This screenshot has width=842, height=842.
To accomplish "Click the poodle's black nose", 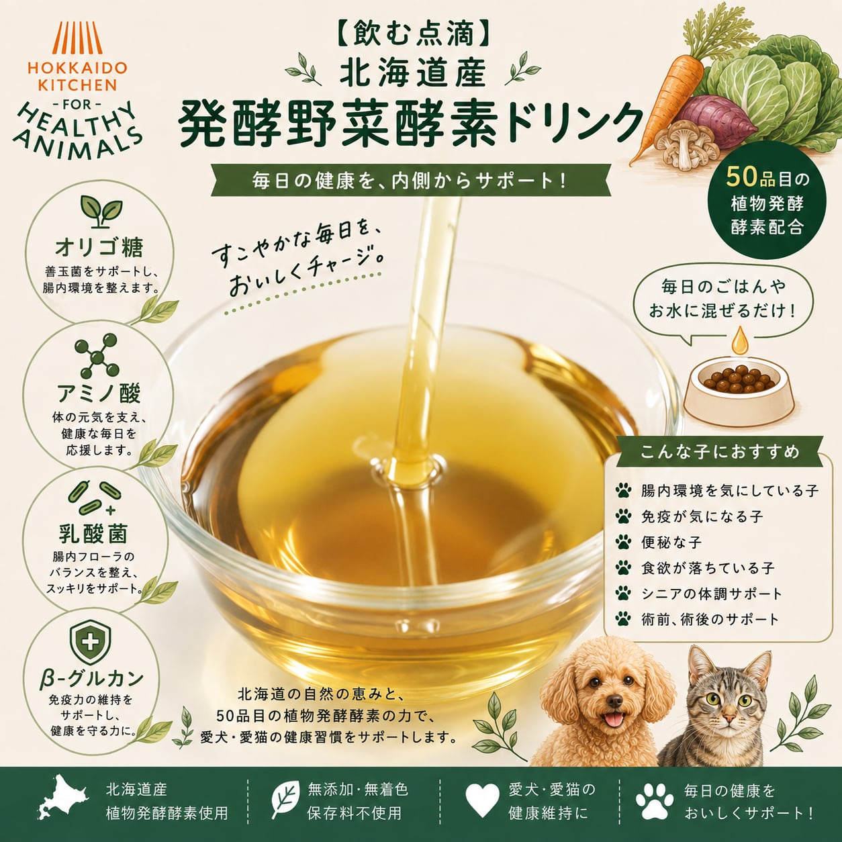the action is point(614,701).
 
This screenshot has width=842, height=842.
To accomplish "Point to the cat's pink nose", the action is point(728,716).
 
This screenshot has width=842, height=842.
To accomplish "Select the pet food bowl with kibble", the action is point(739,389).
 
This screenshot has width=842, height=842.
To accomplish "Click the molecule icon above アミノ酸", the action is point(97,357).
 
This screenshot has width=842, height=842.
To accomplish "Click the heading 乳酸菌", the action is point(93,534).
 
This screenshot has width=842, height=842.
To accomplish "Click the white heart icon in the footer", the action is point(482,800).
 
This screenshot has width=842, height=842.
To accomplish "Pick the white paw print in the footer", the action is point(655,800).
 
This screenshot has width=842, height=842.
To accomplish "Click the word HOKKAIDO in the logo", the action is point(77,68).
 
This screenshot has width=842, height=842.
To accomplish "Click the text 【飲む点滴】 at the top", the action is point(413,35).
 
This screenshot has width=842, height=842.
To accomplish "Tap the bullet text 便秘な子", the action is point(671,543).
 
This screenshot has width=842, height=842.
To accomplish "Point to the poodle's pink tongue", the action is point(614,719).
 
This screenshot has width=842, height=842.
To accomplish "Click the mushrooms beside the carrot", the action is point(686,146).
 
